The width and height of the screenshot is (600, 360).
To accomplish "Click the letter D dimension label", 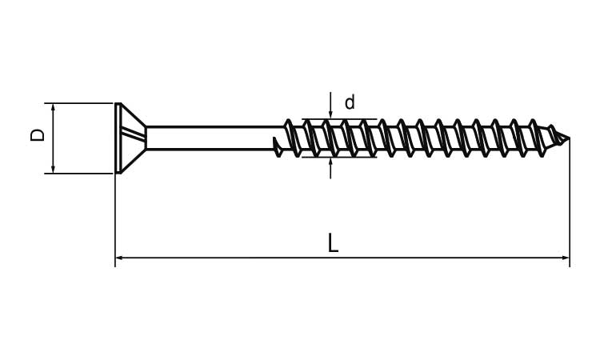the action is tap(38, 135).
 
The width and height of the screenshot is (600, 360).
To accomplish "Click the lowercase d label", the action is tap(350, 102).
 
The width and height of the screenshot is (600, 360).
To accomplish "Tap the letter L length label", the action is tap(333, 242).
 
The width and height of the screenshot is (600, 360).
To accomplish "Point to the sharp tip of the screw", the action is tap(570, 138).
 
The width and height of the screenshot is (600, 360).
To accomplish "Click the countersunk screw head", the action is tap(130, 138).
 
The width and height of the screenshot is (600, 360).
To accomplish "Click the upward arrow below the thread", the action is tap(330, 168).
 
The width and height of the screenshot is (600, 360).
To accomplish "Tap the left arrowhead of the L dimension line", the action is tap(119, 258).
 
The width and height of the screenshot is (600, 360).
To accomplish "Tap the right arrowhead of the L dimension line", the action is tap(566, 258).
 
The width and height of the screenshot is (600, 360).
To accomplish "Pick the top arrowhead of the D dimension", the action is tap(53, 107).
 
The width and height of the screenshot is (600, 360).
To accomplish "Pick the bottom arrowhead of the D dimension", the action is tap(53, 169).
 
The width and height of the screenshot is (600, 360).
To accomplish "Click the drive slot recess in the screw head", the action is tap(133, 134).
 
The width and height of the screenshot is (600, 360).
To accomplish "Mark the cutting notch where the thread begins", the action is tap(278, 147).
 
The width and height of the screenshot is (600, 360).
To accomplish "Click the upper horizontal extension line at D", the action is tap(79, 103).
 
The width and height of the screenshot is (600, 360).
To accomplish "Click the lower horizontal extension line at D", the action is tap(79, 174).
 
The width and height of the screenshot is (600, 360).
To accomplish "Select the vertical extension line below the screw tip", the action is tap(570, 202).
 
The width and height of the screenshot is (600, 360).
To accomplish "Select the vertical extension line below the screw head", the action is tap(115, 220).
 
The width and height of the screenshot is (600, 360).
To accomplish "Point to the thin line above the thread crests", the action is tap(340, 119).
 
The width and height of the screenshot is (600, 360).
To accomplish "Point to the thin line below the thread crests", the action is tap(340, 157).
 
